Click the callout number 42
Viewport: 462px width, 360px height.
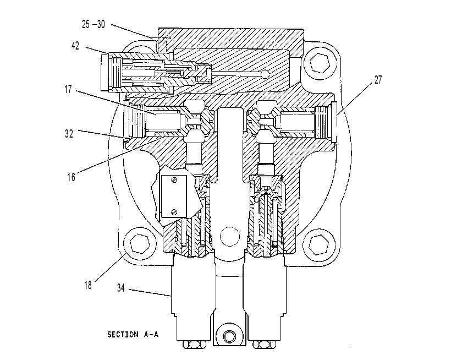tap(75, 46)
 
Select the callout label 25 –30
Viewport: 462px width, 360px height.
tap(93, 24)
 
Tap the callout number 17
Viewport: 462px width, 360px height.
tap(68, 89)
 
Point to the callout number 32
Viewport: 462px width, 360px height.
tap(69, 134)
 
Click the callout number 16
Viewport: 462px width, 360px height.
tap(71, 177)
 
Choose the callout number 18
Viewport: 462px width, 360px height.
tap(88, 285)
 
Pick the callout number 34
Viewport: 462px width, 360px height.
tap(121, 288)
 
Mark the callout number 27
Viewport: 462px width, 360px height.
tap(378, 80)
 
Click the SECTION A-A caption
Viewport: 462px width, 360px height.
tap(133, 334)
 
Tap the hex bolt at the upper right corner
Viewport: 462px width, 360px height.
tap(320, 63)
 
